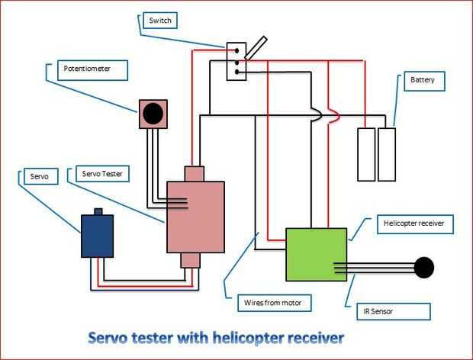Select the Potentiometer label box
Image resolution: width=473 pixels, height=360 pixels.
click(91, 71)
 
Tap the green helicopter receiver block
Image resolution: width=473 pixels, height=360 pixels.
click(316, 255)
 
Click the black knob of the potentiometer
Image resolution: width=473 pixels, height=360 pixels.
click(153, 114)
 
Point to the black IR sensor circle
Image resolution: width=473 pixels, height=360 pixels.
click(424, 268)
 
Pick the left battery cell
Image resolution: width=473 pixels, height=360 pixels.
click(367, 154)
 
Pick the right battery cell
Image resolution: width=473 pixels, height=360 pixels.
click(388, 154)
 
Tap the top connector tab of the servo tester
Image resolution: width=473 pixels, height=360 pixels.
click(195, 174)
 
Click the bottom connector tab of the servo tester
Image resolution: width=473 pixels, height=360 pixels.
click(190, 261)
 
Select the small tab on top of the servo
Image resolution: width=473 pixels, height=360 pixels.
click(98, 211)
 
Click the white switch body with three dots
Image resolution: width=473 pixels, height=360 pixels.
click(236, 62)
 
